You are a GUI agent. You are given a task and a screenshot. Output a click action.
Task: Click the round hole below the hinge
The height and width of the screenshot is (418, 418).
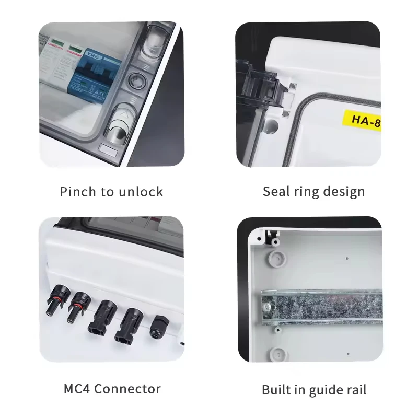pyautogui.click(x=271, y=125)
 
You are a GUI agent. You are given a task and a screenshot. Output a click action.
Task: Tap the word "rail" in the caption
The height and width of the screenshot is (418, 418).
pyautogui.click(x=355, y=389)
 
